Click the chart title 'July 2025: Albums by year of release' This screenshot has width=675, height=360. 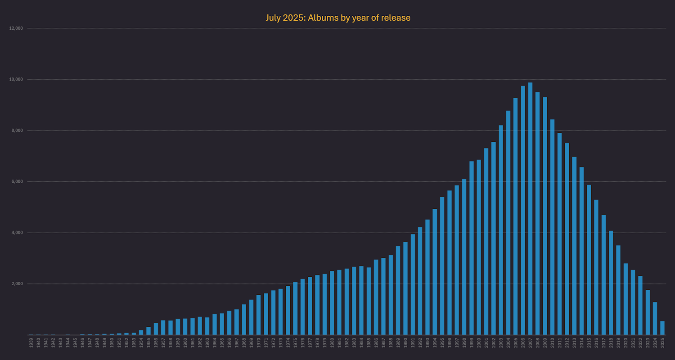[x=337, y=18]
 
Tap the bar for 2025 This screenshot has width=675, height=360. [x=662, y=328]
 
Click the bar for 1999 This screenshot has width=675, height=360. [x=472, y=248]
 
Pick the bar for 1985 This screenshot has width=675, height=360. [x=369, y=301]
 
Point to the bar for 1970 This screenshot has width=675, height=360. [x=258, y=315]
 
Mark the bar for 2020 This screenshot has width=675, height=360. [x=625, y=299]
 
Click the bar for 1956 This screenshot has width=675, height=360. [x=156, y=329]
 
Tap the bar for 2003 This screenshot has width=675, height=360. [x=501, y=230]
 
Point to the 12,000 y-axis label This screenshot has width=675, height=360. [x=16, y=28]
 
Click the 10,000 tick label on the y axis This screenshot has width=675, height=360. [x=16, y=80]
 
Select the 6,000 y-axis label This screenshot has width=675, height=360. [x=17, y=182]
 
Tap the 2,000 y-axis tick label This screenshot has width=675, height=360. [x=17, y=284]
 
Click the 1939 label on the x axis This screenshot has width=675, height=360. [x=31, y=343]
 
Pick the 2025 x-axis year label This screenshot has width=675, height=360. [x=662, y=343]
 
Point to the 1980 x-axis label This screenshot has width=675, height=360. [x=332, y=343]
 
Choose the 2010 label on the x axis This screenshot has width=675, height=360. [x=552, y=343]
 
